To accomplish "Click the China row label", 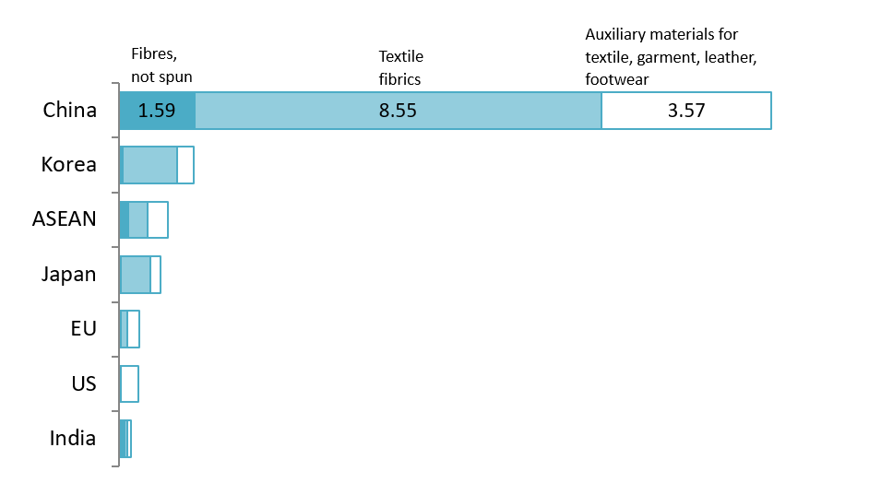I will [x=69, y=111].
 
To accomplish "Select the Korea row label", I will [x=68, y=165].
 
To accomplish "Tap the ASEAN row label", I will [x=64, y=219].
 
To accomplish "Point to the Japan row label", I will [x=68, y=274].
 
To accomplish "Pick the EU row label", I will [x=83, y=328].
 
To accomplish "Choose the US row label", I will [x=83, y=383].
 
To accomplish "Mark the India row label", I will [x=72, y=438].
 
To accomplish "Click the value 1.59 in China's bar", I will [x=157, y=112].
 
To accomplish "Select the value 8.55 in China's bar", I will [x=398, y=112].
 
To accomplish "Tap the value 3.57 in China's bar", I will [x=685, y=112].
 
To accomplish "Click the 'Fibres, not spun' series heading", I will [x=161, y=65].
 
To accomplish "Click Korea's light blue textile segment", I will [x=149, y=165].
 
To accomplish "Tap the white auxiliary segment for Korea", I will [x=185, y=165].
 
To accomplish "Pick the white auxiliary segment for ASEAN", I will [x=158, y=219].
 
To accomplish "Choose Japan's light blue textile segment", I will [x=136, y=275].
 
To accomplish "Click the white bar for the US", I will [x=129, y=383].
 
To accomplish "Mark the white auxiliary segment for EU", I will [x=134, y=329].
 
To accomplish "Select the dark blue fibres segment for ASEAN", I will [x=125, y=219].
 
